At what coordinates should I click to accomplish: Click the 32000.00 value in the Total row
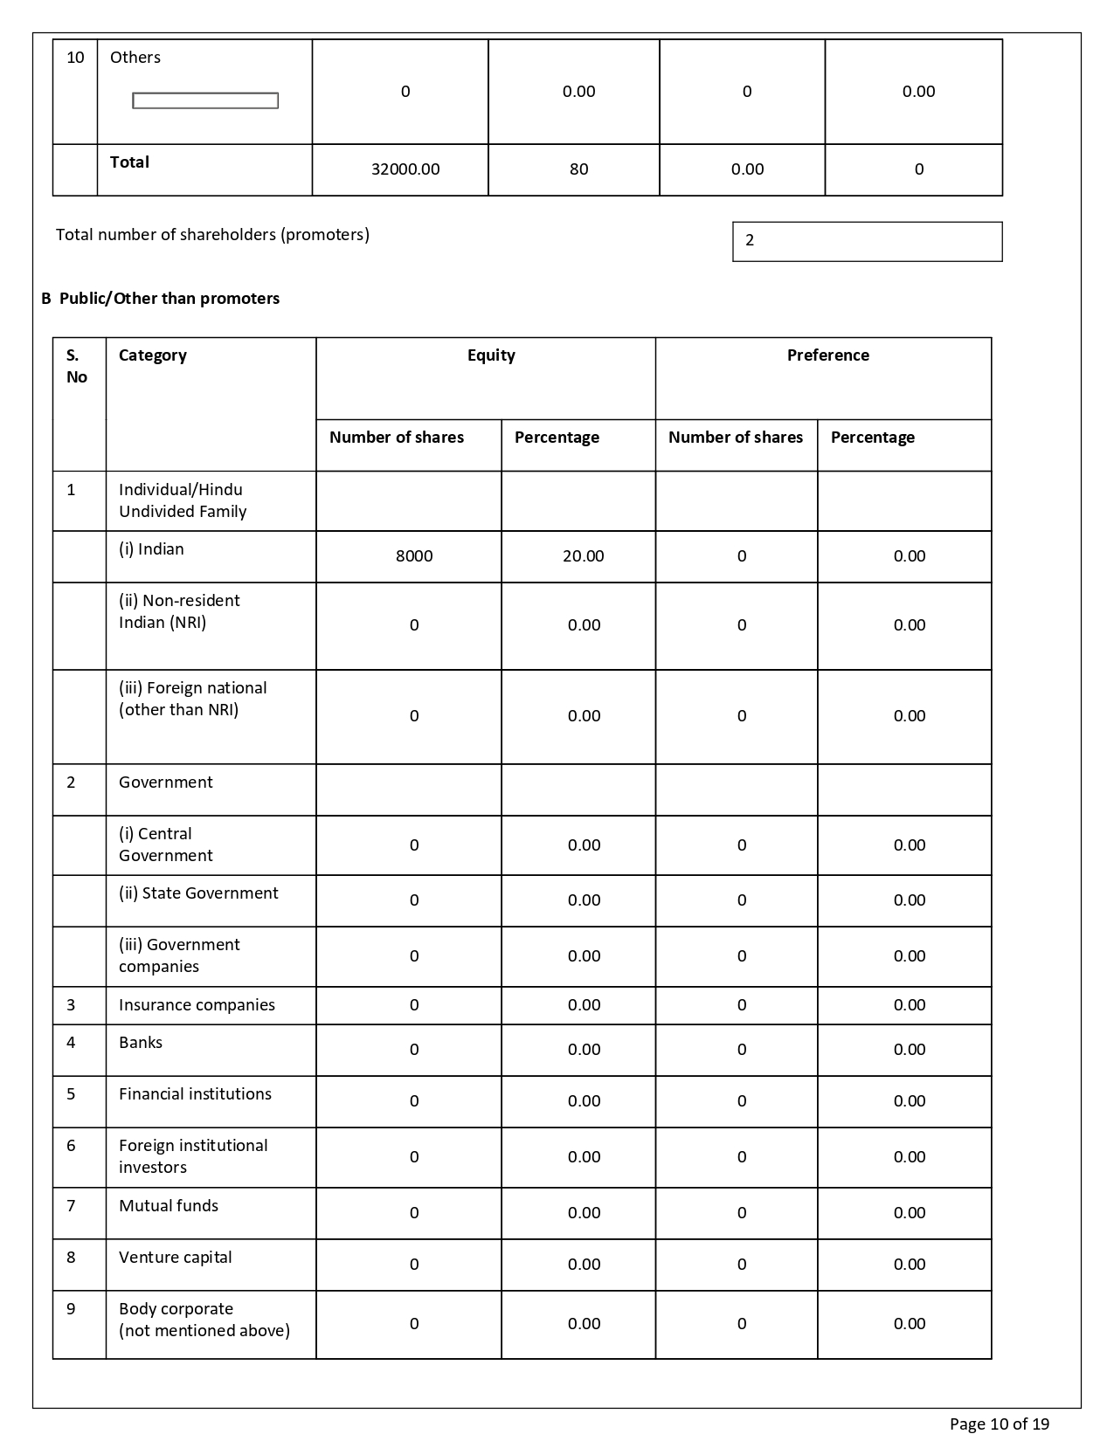tap(405, 169)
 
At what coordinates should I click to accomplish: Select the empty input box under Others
tap(205, 101)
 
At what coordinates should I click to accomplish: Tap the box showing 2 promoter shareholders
tap(867, 241)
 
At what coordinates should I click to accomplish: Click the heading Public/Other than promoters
tap(161, 299)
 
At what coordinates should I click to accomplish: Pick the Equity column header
tap(491, 355)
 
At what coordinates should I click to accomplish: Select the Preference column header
tap(827, 355)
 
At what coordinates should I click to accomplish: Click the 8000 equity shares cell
tap(414, 556)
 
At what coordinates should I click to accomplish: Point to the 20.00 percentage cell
tap(583, 556)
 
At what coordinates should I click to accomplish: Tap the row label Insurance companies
tap(197, 1005)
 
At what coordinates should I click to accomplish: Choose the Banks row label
tap(141, 1043)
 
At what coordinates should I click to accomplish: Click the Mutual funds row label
tap(169, 1206)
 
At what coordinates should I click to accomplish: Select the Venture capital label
tap(176, 1258)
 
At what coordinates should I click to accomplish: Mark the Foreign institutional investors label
tap(193, 1156)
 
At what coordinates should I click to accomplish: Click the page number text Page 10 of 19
tap(999, 1424)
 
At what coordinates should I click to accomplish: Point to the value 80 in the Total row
tap(578, 169)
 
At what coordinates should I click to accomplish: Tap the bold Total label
tap(129, 162)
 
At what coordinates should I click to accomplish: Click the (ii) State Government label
tap(198, 893)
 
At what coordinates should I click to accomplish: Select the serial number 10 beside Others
tap(76, 58)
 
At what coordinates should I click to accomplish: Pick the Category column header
tap(153, 355)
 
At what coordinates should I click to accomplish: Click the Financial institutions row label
tap(195, 1094)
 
